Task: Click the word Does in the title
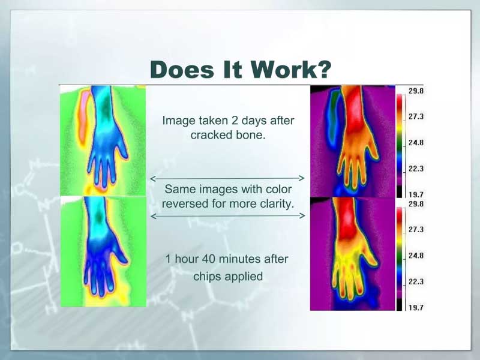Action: pos(182,70)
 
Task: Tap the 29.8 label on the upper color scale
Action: pos(416,91)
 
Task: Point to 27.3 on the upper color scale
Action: pos(416,116)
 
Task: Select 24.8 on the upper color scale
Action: pos(416,142)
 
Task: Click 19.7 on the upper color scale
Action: pos(416,194)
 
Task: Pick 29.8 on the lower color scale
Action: pos(416,203)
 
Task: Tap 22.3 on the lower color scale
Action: pos(416,281)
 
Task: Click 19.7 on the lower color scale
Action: pos(416,307)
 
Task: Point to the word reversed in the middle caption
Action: pos(183,203)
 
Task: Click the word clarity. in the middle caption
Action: pos(277,203)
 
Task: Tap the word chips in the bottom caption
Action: pos(206,277)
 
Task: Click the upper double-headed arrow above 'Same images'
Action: pos(227,178)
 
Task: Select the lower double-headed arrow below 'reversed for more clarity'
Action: pos(228,216)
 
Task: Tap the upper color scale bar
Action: pos(400,146)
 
